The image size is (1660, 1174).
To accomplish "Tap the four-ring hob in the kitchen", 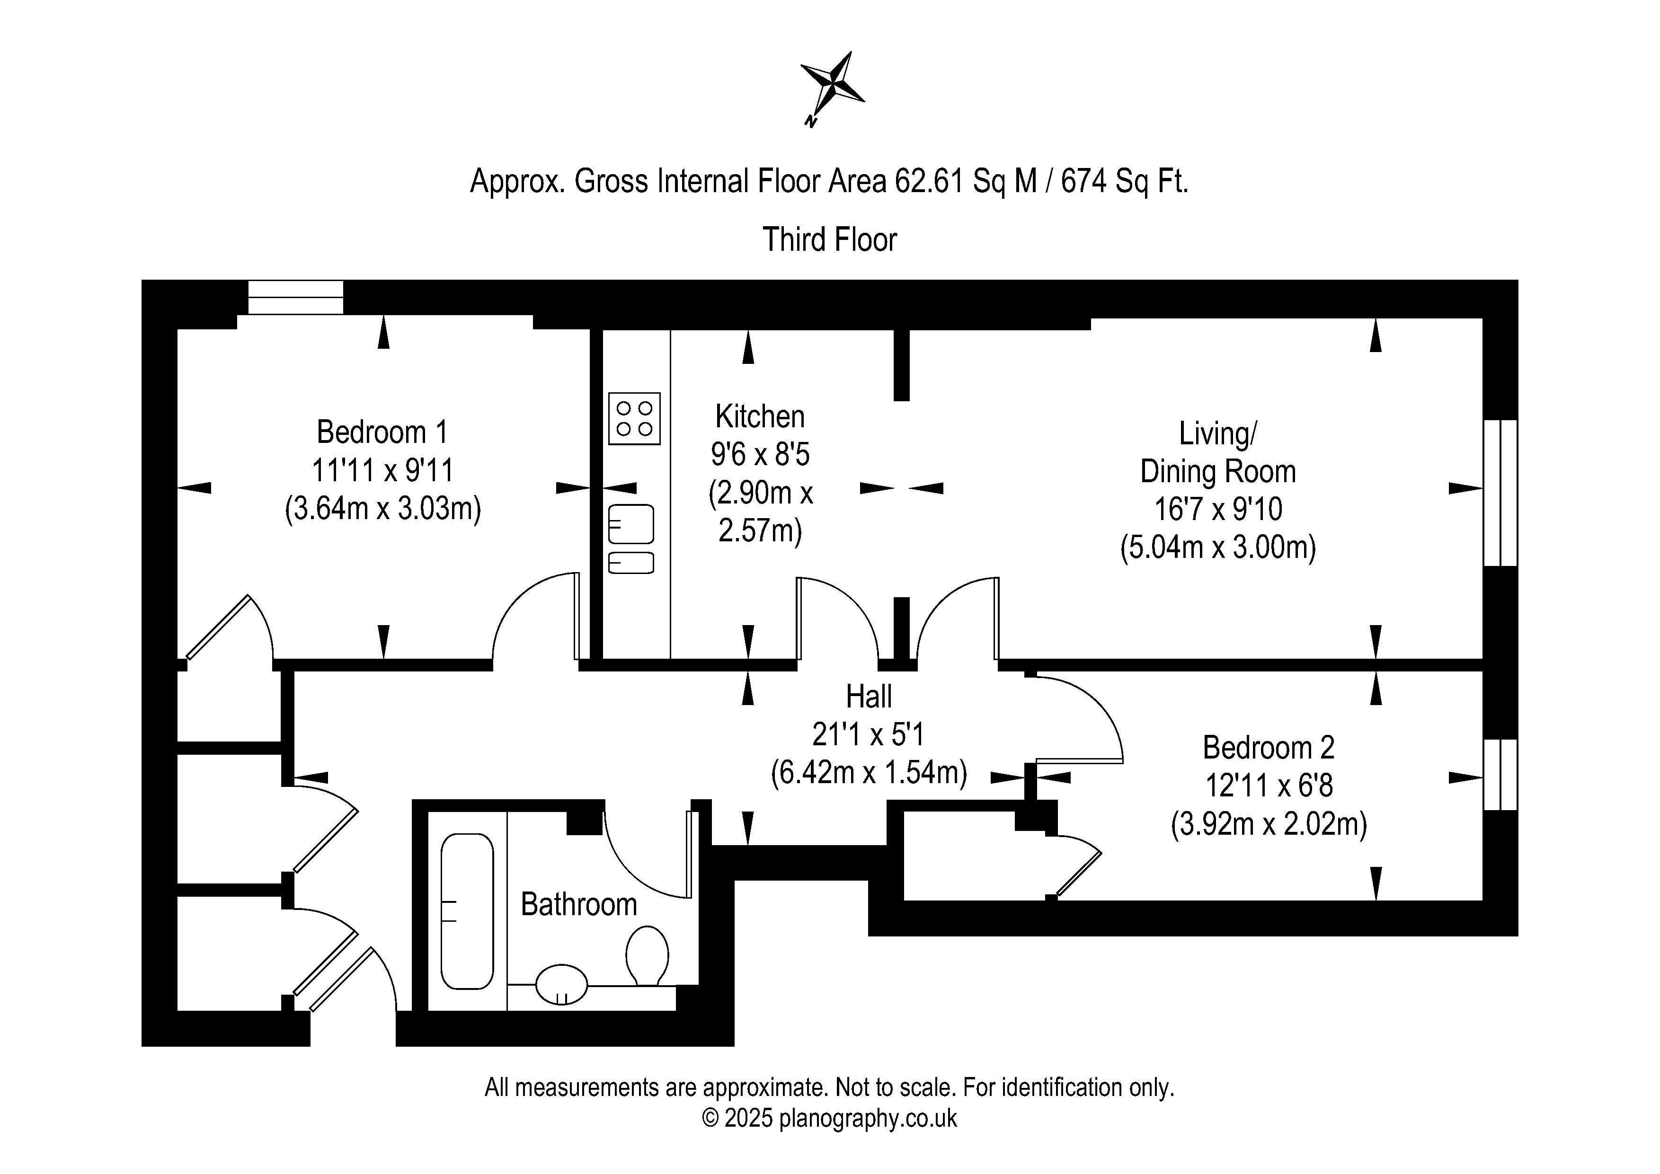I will (634, 419).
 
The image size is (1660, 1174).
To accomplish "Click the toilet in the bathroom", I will (647, 954).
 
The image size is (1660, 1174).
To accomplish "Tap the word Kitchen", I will (759, 417).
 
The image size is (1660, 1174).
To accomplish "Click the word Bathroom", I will (578, 904).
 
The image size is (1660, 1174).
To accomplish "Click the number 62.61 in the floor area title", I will (929, 181).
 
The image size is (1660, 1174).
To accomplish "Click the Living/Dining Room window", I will (1500, 492).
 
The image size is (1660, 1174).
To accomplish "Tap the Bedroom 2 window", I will (1500, 774).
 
